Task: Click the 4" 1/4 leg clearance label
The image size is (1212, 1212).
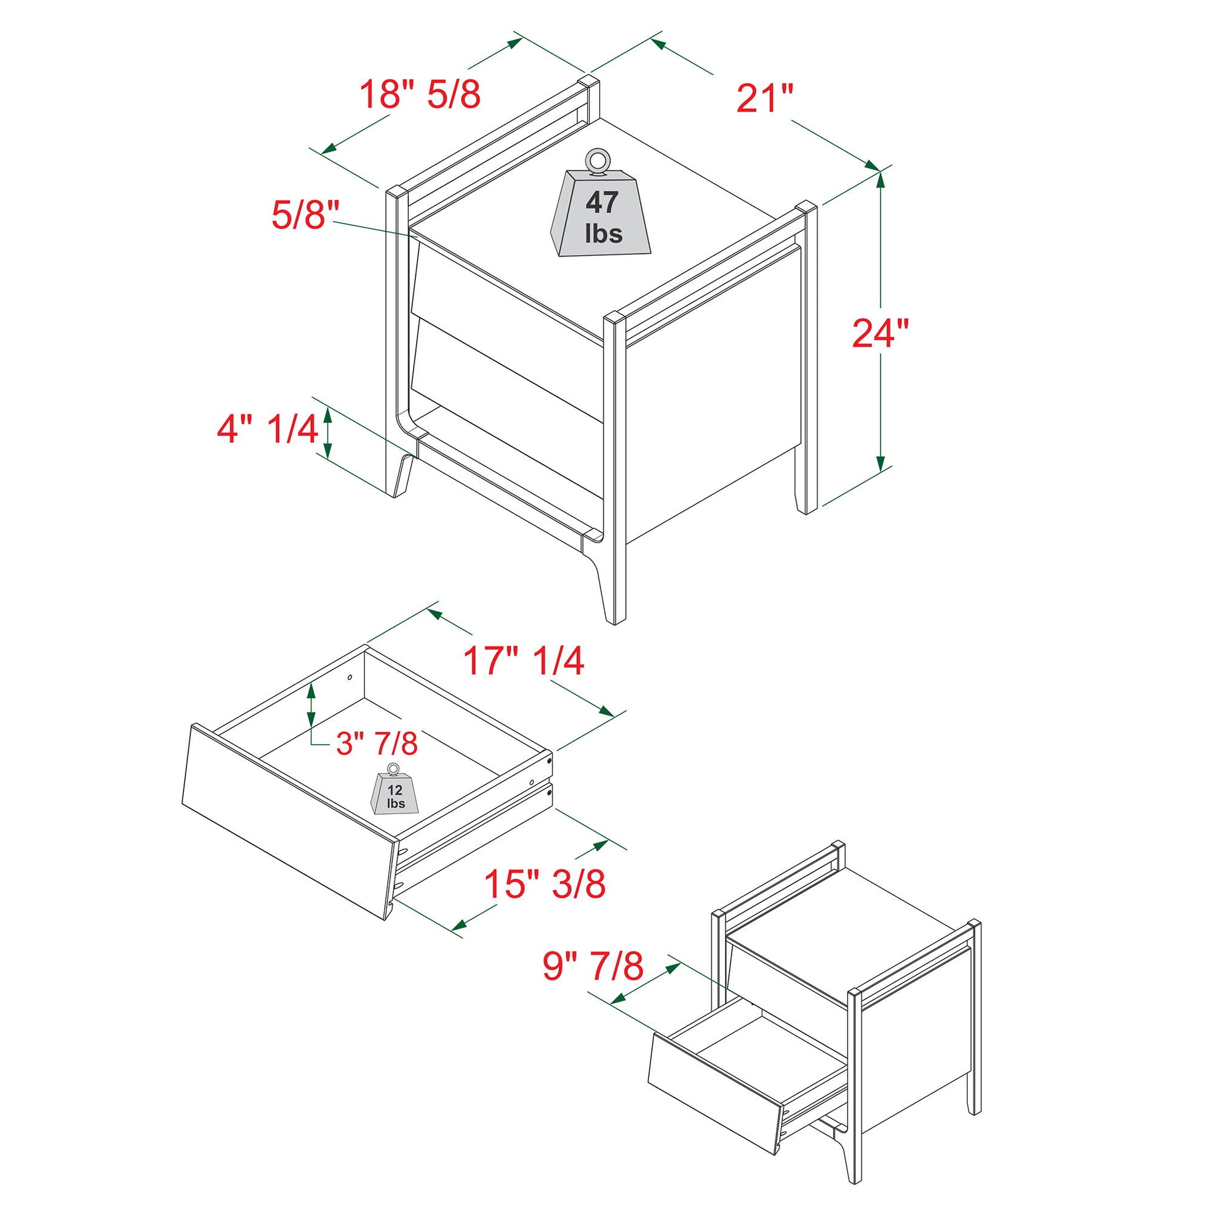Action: (x=267, y=430)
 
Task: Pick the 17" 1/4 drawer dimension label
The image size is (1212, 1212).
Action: (x=524, y=661)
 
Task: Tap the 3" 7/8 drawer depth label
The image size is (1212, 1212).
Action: (x=377, y=744)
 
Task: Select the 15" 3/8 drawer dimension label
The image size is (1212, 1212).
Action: (x=544, y=884)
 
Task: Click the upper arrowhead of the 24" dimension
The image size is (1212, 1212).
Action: (x=881, y=180)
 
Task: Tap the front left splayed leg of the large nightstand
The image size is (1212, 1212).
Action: (x=402, y=477)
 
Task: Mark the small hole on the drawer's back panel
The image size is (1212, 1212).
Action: (x=349, y=678)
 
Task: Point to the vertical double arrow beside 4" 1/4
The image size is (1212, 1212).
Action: (x=327, y=432)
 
